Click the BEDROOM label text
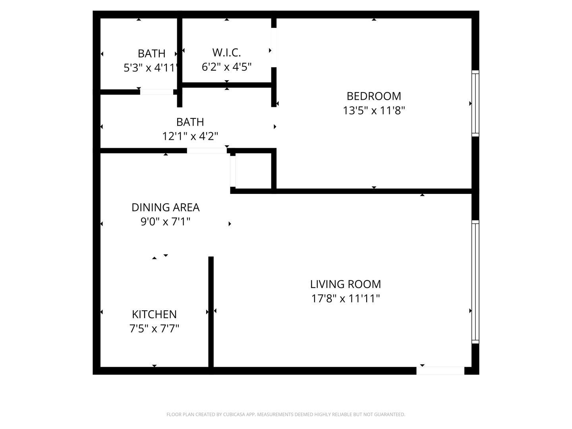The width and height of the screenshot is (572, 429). (374, 96)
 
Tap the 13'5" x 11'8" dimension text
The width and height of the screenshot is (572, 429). (374, 110)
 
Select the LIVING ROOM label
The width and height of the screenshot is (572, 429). (345, 284)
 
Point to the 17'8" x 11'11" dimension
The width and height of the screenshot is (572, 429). (345, 298)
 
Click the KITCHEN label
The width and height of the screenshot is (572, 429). (154, 314)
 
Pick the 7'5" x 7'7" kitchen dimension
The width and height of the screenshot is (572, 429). (154, 329)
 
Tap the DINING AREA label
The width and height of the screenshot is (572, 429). (165, 207)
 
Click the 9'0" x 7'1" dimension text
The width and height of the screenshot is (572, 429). (165, 222)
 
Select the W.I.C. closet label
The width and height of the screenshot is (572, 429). (226, 52)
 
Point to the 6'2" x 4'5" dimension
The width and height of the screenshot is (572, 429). (226, 67)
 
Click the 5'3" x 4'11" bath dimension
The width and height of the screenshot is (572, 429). (151, 68)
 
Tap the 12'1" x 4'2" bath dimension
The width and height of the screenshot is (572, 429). (190, 137)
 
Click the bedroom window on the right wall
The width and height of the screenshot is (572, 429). (475, 103)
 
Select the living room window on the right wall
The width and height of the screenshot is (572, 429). (475, 281)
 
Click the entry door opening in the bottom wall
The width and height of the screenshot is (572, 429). (440, 371)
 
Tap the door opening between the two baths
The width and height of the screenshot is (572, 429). (157, 92)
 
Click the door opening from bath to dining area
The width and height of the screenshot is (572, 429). (207, 151)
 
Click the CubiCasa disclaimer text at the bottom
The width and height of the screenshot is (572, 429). (286, 415)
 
